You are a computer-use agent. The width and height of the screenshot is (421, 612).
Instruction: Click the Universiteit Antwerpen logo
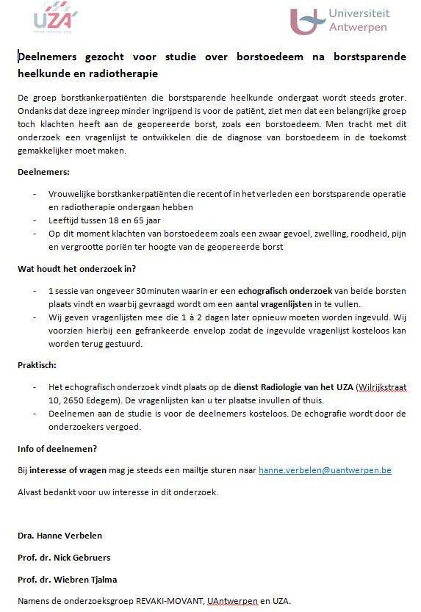[x=339, y=21]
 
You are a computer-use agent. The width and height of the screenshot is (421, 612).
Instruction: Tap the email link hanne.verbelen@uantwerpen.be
[x=325, y=469]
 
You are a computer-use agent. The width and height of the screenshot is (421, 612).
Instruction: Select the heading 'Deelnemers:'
[x=43, y=172]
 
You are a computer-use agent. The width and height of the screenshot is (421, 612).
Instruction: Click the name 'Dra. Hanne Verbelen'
[x=60, y=536]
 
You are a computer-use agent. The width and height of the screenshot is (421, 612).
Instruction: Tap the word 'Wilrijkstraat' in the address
[x=382, y=386]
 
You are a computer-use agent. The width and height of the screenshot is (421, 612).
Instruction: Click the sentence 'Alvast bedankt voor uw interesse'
[x=118, y=492]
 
